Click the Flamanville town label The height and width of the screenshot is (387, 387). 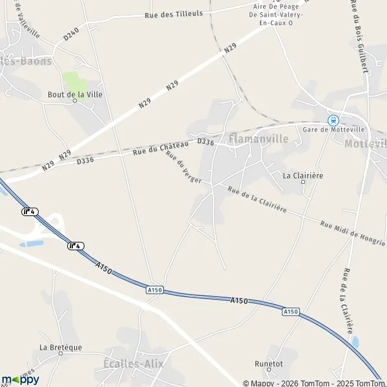click(x=259, y=139)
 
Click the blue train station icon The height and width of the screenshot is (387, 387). click(x=333, y=119)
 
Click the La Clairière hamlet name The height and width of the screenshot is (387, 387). click(x=303, y=175)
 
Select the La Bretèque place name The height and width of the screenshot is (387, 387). click(x=61, y=347)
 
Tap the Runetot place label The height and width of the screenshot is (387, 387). click(x=268, y=363)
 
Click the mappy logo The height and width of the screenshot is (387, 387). click(x=21, y=379)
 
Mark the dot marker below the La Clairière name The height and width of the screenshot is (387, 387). click(x=303, y=183)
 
